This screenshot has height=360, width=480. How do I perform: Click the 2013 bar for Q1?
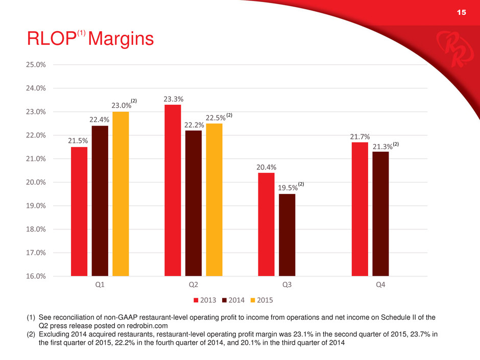point(79,211)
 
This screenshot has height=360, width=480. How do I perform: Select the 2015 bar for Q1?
point(121,194)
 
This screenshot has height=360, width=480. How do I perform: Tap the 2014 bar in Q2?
point(194,203)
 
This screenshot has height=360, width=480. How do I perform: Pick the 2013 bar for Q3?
point(266,225)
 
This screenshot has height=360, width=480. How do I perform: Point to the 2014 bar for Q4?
point(380,214)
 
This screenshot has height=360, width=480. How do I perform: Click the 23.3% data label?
point(173,99)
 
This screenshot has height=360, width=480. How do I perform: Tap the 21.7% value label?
point(359,136)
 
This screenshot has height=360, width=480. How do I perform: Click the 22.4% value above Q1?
point(100,119)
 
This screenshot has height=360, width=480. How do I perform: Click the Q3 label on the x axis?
point(287,285)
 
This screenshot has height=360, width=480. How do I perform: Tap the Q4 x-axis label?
point(380,285)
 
